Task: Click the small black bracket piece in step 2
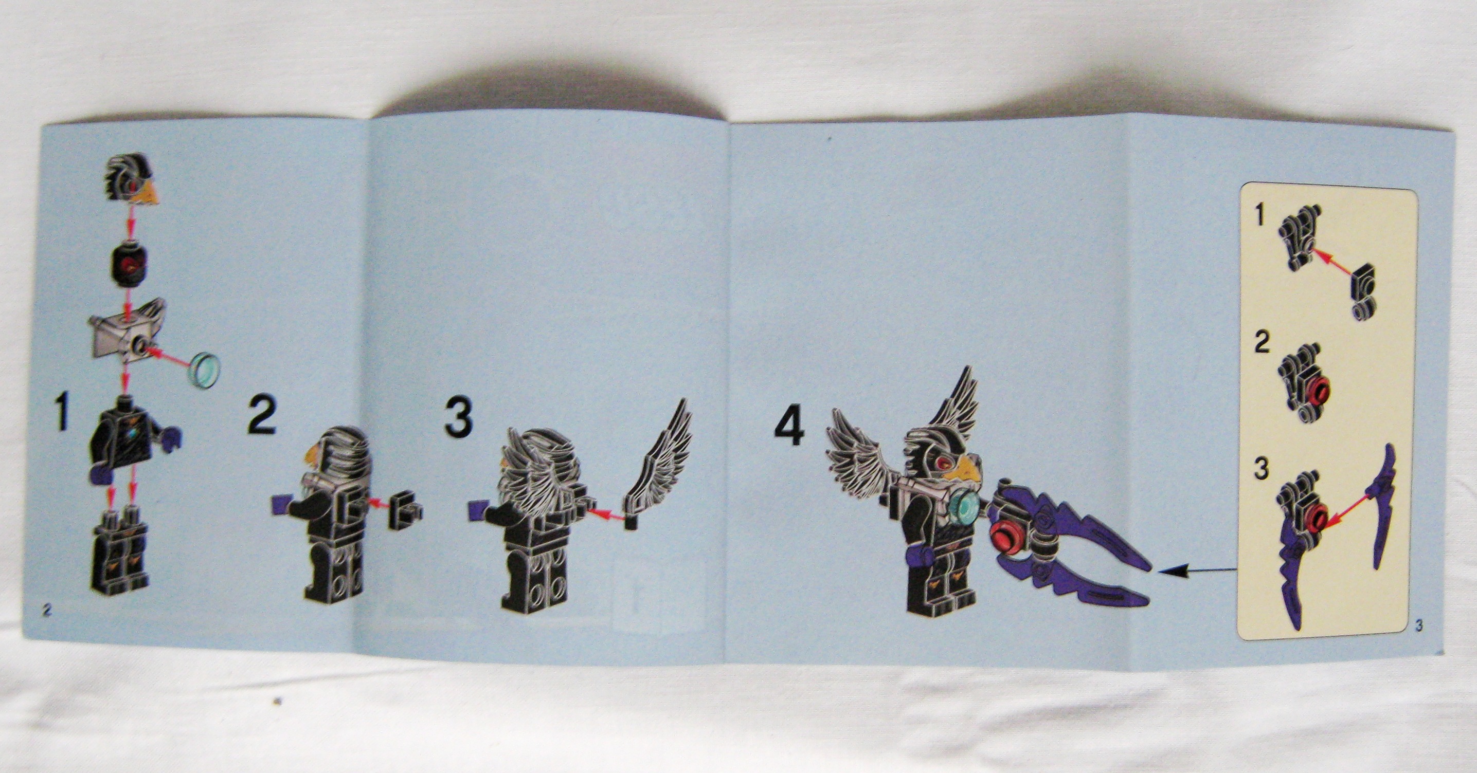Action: (x=405, y=510)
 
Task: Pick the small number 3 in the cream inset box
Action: (x=1261, y=469)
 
